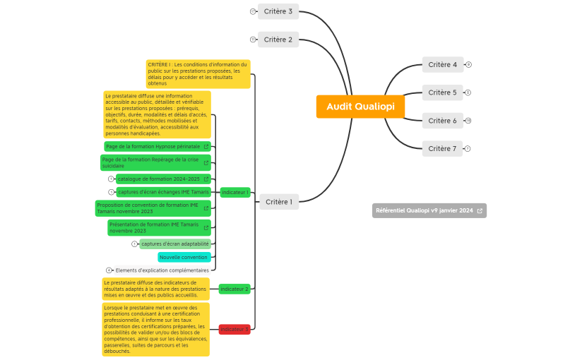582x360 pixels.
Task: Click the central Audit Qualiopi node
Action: [x=360, y=107]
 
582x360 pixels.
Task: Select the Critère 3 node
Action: [x=278, y=11]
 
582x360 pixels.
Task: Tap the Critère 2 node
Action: [x=278, y=40]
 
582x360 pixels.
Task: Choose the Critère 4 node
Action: [x=442, y=65]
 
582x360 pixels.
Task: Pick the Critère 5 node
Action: [x=442, y=92]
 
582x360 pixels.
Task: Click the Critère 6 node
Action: [x=442, y=121]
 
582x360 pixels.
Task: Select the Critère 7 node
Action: [x=442, y=148]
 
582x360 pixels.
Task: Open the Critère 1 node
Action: [x=279, y=202]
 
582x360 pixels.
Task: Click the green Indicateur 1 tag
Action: [x=235, y=192]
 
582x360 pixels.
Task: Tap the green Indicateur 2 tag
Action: [x=234, y=289]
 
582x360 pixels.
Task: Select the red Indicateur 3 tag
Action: [x=234, y=329]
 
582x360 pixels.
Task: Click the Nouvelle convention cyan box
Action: [x=184, y=257]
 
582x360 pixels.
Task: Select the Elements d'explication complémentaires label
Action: [x=162, y=270]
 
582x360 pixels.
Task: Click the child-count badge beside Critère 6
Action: [x=468, y=121]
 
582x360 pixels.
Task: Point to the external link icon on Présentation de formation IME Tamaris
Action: [x=206, y=227]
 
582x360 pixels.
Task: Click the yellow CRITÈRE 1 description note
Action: [x=198, y=74]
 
